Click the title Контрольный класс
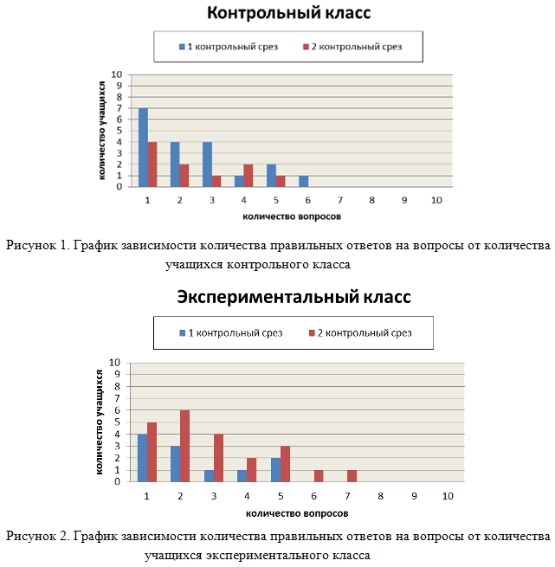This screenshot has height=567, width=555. pyautogui.click(x=288, y=13)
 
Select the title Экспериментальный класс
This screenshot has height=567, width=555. pyautogui.click(x=294, y=297)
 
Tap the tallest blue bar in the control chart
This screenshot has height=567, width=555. pyautogui.click(x=143, y=147)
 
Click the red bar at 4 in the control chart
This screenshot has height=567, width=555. pyautogui.click(x=248, y=176)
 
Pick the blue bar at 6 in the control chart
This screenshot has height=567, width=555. pyautogui.click(x=304, y=181)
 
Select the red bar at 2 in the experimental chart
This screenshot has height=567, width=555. pyautogui.click(x=184, y=446)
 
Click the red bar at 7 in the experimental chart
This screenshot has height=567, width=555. pyautogui.click(x=352, y=476)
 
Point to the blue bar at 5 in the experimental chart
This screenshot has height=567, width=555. pyautogui.click(x=275, y=470)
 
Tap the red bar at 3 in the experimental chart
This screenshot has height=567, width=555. pyautogui.click(x=218, y=458)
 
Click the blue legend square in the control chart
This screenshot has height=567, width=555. pyautogui.click(x=182, y=47)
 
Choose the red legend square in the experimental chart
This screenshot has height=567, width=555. pyautogui.click(x=312, y=332)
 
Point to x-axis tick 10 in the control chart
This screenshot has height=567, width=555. pyautogui.click(x=436, y=200)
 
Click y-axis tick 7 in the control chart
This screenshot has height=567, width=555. pyautogui.click(x=119, y=108)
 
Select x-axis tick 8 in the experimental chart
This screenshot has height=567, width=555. pyautogui.click(x=381, y=496)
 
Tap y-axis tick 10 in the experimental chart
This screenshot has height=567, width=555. pyautogui.click(x=114, y=363)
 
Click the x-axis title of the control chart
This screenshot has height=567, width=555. pyautogui.click(x=292, y=216)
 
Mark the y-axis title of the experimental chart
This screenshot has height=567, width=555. pyautogui.click(x=99, y=422)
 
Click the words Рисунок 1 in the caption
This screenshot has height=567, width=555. pyautogui.click(x=37, y=245)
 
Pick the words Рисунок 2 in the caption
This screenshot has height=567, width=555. pyautogui.click(x=37, y=536)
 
